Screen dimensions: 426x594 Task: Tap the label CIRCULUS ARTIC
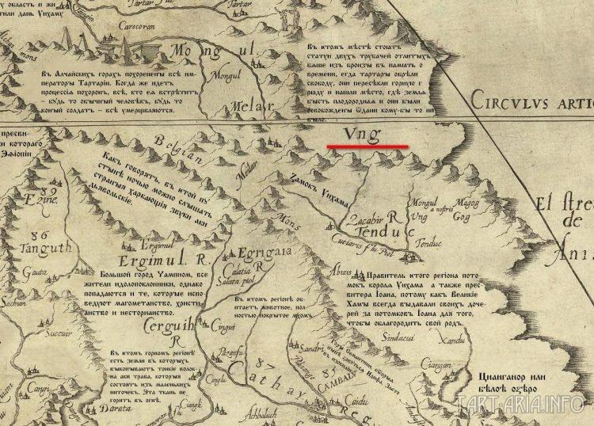(x=530, y=101)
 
